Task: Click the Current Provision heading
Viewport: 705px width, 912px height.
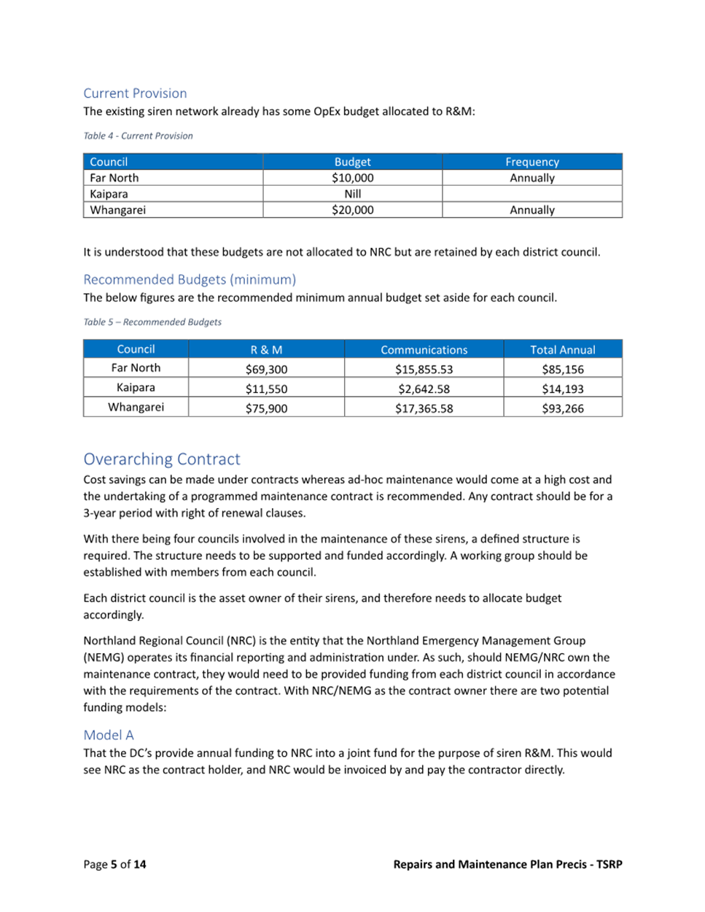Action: click(135, 93)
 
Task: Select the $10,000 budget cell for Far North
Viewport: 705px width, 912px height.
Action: click(352, 178)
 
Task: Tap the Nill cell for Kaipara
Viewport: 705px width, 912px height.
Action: click(352, 194)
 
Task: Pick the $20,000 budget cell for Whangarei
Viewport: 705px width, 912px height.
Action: click(352, 210)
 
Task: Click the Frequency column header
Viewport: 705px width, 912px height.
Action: click(531, 162)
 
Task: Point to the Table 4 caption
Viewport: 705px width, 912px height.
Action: click(138, 136)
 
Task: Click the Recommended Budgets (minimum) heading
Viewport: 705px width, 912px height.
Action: click(190, 279)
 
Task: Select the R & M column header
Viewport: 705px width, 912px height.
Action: click(266, 349)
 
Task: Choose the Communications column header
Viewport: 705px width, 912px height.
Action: click(424, 349)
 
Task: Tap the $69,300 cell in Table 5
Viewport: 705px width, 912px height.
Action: click(266, 369)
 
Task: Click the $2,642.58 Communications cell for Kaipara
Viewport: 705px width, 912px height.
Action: click(424, 389)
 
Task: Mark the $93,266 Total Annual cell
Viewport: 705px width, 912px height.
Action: click(562, 408)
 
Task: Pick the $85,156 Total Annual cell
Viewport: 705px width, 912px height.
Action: click(562, 369)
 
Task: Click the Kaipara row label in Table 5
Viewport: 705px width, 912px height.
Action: click(136, 388)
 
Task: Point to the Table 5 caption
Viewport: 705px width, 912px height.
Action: click(152, 321)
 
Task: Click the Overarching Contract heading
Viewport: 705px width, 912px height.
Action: click(161, 459)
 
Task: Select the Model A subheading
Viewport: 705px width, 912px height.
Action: click(109, 735)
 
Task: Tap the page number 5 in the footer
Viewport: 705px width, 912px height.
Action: click(114, 865)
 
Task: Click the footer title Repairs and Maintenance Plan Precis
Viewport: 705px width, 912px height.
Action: click(490, 865)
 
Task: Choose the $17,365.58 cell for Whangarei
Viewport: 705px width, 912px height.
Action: click(424, 408)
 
